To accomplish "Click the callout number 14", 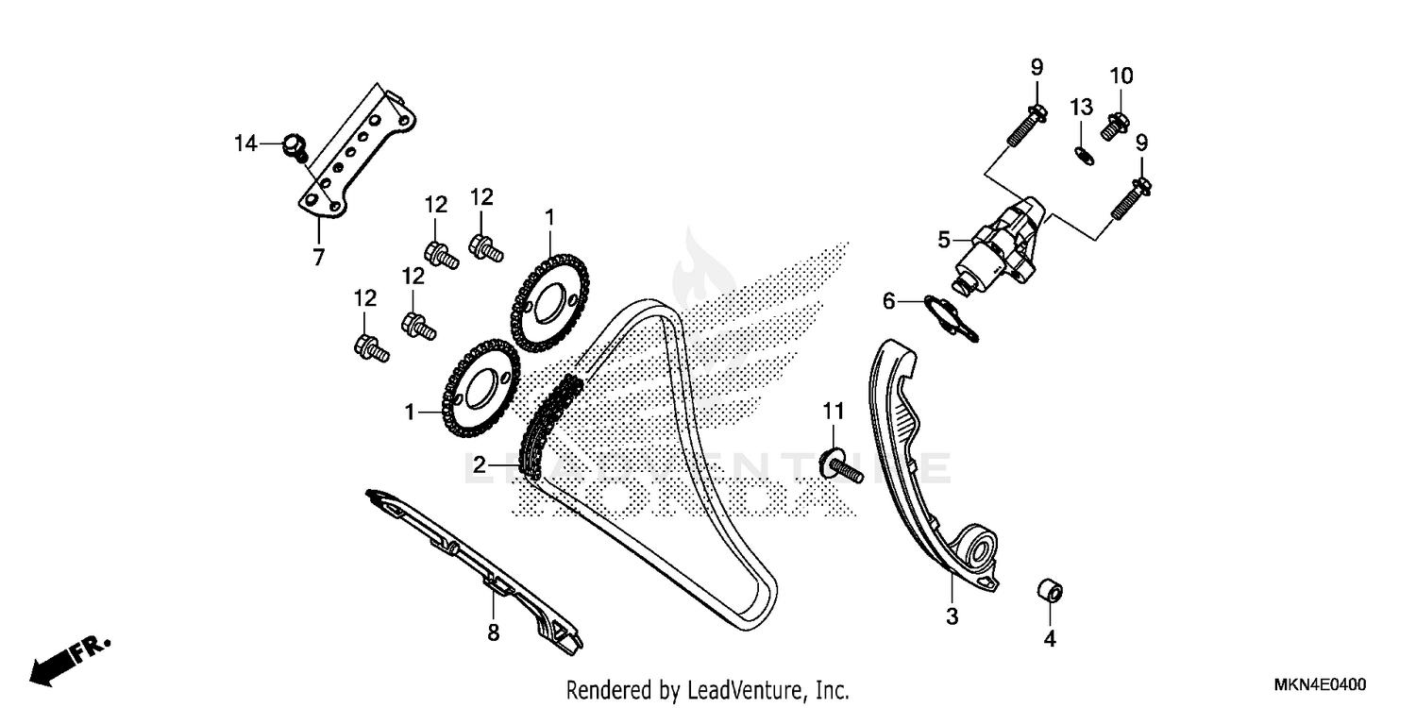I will pos(245,143).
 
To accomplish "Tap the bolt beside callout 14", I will pos(295,146).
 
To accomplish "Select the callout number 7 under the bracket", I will pos(318,256).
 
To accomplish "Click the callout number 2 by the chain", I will pos(480,464).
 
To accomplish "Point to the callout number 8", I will pos(493,632).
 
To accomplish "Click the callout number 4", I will pos(1049,639).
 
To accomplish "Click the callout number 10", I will pos(1121,76).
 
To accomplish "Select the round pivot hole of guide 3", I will pos(979,551).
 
